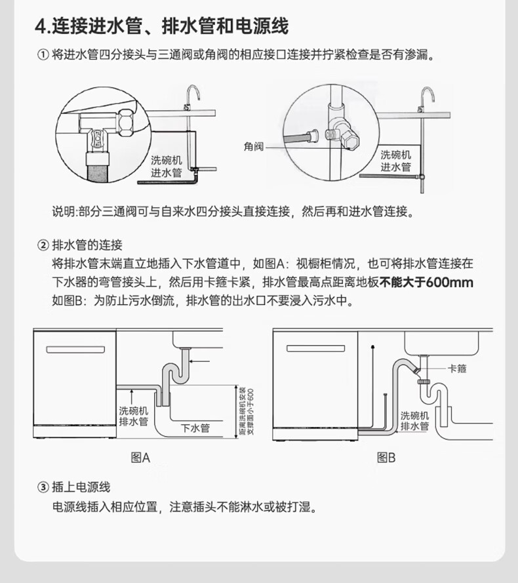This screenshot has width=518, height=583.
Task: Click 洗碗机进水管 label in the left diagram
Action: [x=166, y=166]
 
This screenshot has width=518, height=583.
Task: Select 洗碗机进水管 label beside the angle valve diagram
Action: [x=396, y=161]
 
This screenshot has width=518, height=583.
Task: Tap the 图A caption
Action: [x=140, y=458]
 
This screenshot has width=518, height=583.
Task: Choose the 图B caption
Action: [x=386, y=458]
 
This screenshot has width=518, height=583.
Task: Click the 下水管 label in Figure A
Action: [x=195, y=428]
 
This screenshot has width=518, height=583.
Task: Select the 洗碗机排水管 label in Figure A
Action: [x=133, y=416]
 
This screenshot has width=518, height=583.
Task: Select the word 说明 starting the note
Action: [x=64, y=212]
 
